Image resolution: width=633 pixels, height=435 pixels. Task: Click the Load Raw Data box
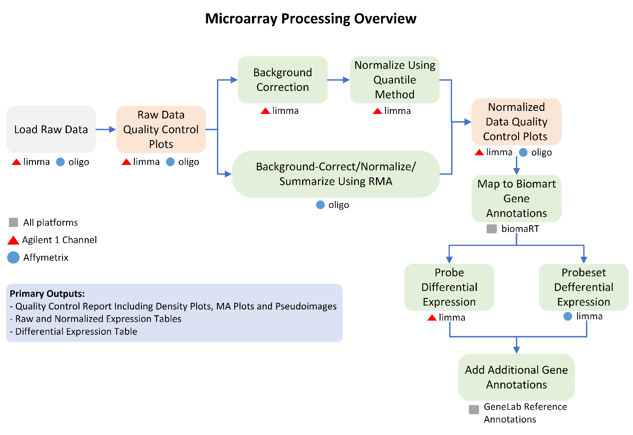[x=51, y=129]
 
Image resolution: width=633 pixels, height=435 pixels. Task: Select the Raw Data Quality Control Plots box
[x=161, y=129]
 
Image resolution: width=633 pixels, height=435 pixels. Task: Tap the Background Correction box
[x=283, y=80]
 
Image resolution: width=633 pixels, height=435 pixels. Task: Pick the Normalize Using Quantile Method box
[x=395, y=80]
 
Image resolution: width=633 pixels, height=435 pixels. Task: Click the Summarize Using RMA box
[x=336, y=174]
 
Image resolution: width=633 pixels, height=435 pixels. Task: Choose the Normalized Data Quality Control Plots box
[x=516, y=122]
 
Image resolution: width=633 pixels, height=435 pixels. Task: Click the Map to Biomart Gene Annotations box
[x=516, y=199]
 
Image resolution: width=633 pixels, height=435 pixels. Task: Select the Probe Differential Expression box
[x=449, y=287]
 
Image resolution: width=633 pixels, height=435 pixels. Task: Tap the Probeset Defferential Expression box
[x=583, y=287]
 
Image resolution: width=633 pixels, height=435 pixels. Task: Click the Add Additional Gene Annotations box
[x=516, y=377]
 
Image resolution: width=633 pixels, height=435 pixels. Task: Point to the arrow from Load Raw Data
[x=106, y=129]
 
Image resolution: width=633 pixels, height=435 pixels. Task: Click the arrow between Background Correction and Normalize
[x=339, y=80]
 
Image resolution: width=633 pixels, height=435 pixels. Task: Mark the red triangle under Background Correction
[x=266, y=111]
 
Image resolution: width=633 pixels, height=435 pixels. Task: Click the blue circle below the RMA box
[x=320, y=205]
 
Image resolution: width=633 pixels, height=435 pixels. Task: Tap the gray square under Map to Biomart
[x=492, y=229]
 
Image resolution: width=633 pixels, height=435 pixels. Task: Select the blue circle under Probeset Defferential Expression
[x=568, y=316]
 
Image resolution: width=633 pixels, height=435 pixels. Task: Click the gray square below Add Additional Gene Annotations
[x=474, y=409]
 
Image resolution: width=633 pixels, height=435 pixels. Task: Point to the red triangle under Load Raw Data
[x=16, y=162]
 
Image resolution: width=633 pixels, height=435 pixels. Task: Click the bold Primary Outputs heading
[x=47, y=294]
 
